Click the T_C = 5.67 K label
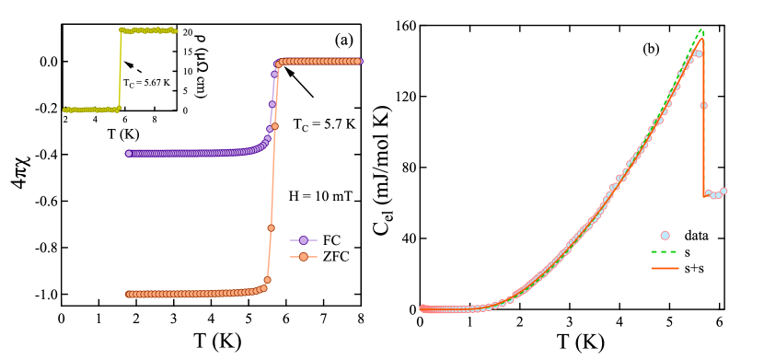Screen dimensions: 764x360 coord(146,83)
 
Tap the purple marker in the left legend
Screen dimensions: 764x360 coord(304,240)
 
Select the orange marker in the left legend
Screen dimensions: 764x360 coord(304,257)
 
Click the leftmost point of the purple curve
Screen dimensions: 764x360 coord(129,154)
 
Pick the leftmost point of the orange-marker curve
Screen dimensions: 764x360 coord(129,295)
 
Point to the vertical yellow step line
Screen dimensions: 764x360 coord(120,70)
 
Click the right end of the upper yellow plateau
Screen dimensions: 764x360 coord(176,30)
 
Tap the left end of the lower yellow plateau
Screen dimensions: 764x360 coord(64,110)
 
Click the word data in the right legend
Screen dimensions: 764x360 coord(697,235)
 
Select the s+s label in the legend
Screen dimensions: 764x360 coord(696,268)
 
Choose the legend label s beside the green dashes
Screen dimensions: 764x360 coord(688,251)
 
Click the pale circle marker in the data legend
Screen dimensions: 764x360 coord(665,236)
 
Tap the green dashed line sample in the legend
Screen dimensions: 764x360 coord(665,251)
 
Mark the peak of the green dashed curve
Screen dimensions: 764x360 coord(701,29)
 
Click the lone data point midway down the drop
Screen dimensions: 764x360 coord(704,106)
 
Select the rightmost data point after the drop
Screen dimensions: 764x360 coord(723,191)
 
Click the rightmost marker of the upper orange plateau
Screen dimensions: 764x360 coord(359,62)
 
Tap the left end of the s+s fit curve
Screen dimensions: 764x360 coord(422,308)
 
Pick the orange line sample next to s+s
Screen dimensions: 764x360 coord(665,269)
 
